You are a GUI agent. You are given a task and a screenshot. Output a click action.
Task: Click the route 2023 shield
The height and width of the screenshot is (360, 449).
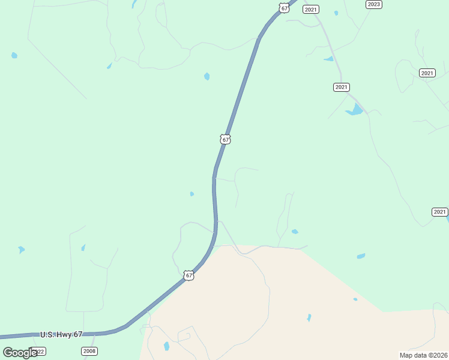[x=373, y=4]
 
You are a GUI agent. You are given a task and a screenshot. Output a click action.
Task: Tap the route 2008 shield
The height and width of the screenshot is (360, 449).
[x=89, y=351]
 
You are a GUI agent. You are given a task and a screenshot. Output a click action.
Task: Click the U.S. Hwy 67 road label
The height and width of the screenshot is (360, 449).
[x=61, y=334]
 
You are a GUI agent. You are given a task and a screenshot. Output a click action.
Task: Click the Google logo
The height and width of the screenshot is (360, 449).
[x=20, y=353]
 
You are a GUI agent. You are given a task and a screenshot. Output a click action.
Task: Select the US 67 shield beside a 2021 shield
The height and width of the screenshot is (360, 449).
[x=284, y=7]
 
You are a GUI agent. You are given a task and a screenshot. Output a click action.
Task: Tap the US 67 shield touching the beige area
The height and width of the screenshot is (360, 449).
[x=189, y=275]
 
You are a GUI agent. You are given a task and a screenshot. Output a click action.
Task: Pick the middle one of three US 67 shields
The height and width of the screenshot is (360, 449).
[x=225, y=139]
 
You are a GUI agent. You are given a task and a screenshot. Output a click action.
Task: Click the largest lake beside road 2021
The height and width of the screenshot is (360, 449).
[x=355, y=110]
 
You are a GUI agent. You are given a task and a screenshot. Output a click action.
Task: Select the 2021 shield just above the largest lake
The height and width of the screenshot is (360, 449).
[x=341, y=87]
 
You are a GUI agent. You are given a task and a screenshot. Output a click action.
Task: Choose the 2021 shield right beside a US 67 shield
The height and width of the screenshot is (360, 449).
[x=310, y=9]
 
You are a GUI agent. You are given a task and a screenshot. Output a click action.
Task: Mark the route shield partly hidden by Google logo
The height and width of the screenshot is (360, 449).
[x=38, y=351]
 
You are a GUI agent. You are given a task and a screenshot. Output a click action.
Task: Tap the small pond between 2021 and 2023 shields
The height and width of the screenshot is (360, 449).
[x=336, y=13]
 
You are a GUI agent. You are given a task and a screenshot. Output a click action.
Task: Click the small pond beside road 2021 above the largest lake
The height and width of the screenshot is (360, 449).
[x=329, y=59]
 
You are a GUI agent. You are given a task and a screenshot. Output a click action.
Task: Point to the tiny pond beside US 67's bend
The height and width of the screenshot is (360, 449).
[x=191, y=194]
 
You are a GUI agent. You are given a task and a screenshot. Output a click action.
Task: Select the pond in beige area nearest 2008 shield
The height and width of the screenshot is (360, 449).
[x=166, y=346]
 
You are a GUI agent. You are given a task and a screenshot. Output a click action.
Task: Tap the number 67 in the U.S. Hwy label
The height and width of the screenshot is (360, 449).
[x=77, y=334]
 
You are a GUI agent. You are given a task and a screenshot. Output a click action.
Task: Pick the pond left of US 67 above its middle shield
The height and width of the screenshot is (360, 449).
[x=207, y=76]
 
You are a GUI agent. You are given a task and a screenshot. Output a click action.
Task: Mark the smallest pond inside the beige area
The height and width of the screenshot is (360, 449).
[x=355, y=299]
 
